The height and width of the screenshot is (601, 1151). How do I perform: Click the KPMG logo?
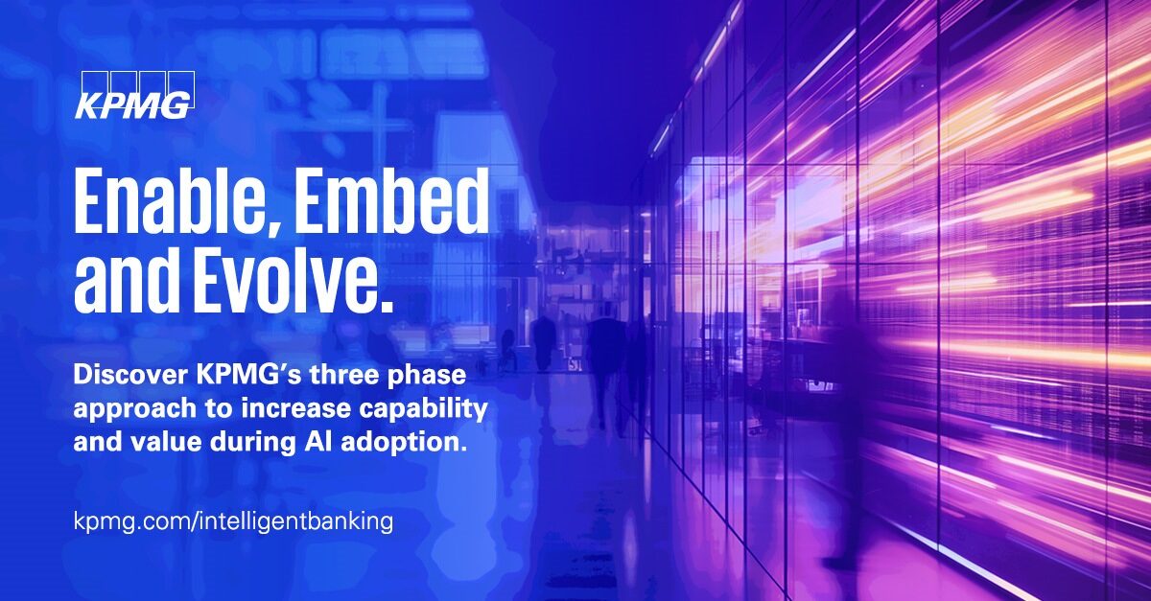pyautogui.click(x=135, y=95)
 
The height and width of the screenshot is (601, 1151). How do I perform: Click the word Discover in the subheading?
pyautogui.click(x=130, y=375)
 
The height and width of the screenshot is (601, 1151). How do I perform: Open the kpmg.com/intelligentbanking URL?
pyautogui.click(x=234, y=521)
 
